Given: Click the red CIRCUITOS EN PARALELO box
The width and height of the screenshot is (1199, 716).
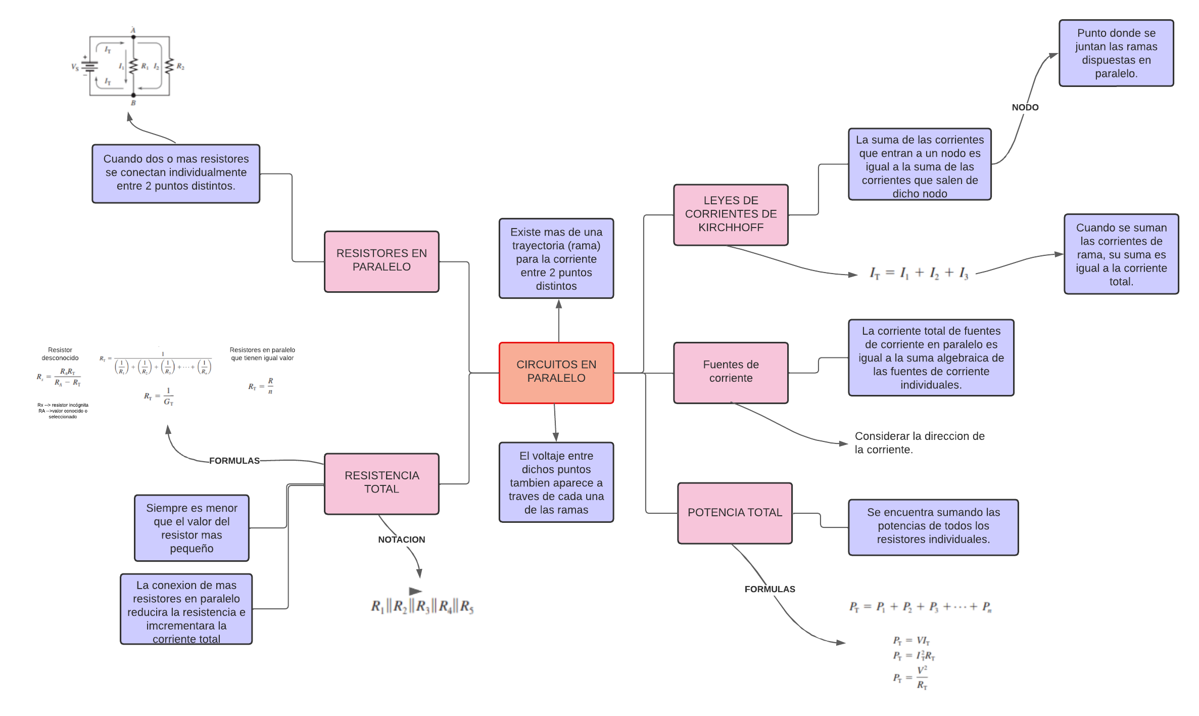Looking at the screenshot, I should pos(556,373).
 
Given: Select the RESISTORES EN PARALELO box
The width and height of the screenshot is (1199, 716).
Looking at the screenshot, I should pos(381,261).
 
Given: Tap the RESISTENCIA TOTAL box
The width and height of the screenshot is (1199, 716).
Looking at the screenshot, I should pos(381,483).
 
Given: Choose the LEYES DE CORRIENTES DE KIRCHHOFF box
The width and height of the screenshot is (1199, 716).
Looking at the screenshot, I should pos(731,214).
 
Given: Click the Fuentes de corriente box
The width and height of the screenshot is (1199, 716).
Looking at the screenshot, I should pos(731,373).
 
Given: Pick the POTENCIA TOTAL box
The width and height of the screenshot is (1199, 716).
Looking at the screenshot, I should pos(735,513).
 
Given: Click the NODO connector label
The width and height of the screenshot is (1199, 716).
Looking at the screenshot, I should pos(1025,107).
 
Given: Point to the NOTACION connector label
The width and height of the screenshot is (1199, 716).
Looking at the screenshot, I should pos(402,540).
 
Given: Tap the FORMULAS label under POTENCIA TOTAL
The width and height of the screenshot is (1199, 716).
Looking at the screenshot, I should pos(770,589).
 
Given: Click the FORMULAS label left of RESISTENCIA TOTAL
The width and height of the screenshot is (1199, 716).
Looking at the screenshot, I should pos(234,461).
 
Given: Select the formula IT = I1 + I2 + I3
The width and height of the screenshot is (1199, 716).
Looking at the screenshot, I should pos(919,273).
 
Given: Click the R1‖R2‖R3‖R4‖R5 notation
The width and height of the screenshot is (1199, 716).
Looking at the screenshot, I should pos(422,606).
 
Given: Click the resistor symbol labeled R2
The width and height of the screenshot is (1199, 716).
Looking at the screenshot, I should pos(169,66).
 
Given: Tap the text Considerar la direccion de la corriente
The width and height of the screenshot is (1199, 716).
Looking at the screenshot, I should pos(919,442).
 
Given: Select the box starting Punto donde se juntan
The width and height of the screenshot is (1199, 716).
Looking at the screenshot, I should pos(1116,53).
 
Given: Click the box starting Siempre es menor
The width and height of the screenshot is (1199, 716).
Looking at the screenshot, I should pos(191,528).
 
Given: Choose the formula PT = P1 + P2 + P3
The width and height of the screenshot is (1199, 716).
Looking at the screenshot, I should pos(920,607).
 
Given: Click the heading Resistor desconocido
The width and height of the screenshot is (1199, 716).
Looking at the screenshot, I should pos(60,353).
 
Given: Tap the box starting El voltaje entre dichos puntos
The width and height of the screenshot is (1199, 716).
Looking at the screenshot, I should pos(556,482).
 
